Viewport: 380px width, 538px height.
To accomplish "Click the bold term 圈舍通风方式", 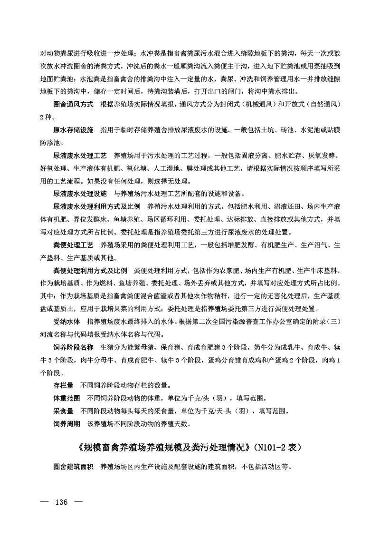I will coord(73,104).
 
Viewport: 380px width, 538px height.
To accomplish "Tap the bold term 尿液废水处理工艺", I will coord(80,156).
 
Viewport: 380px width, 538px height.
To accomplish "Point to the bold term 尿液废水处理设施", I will coord(80,194).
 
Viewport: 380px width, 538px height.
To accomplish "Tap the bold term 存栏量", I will coord(63,385).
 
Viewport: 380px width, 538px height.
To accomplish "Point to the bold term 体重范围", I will coord(66,398).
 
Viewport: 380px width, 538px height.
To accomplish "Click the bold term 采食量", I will coord(63,411).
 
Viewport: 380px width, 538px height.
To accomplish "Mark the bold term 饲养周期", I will coord(66,423).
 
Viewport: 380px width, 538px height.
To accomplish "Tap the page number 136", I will coord(63,503).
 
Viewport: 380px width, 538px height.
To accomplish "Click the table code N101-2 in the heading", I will coord(277,448).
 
